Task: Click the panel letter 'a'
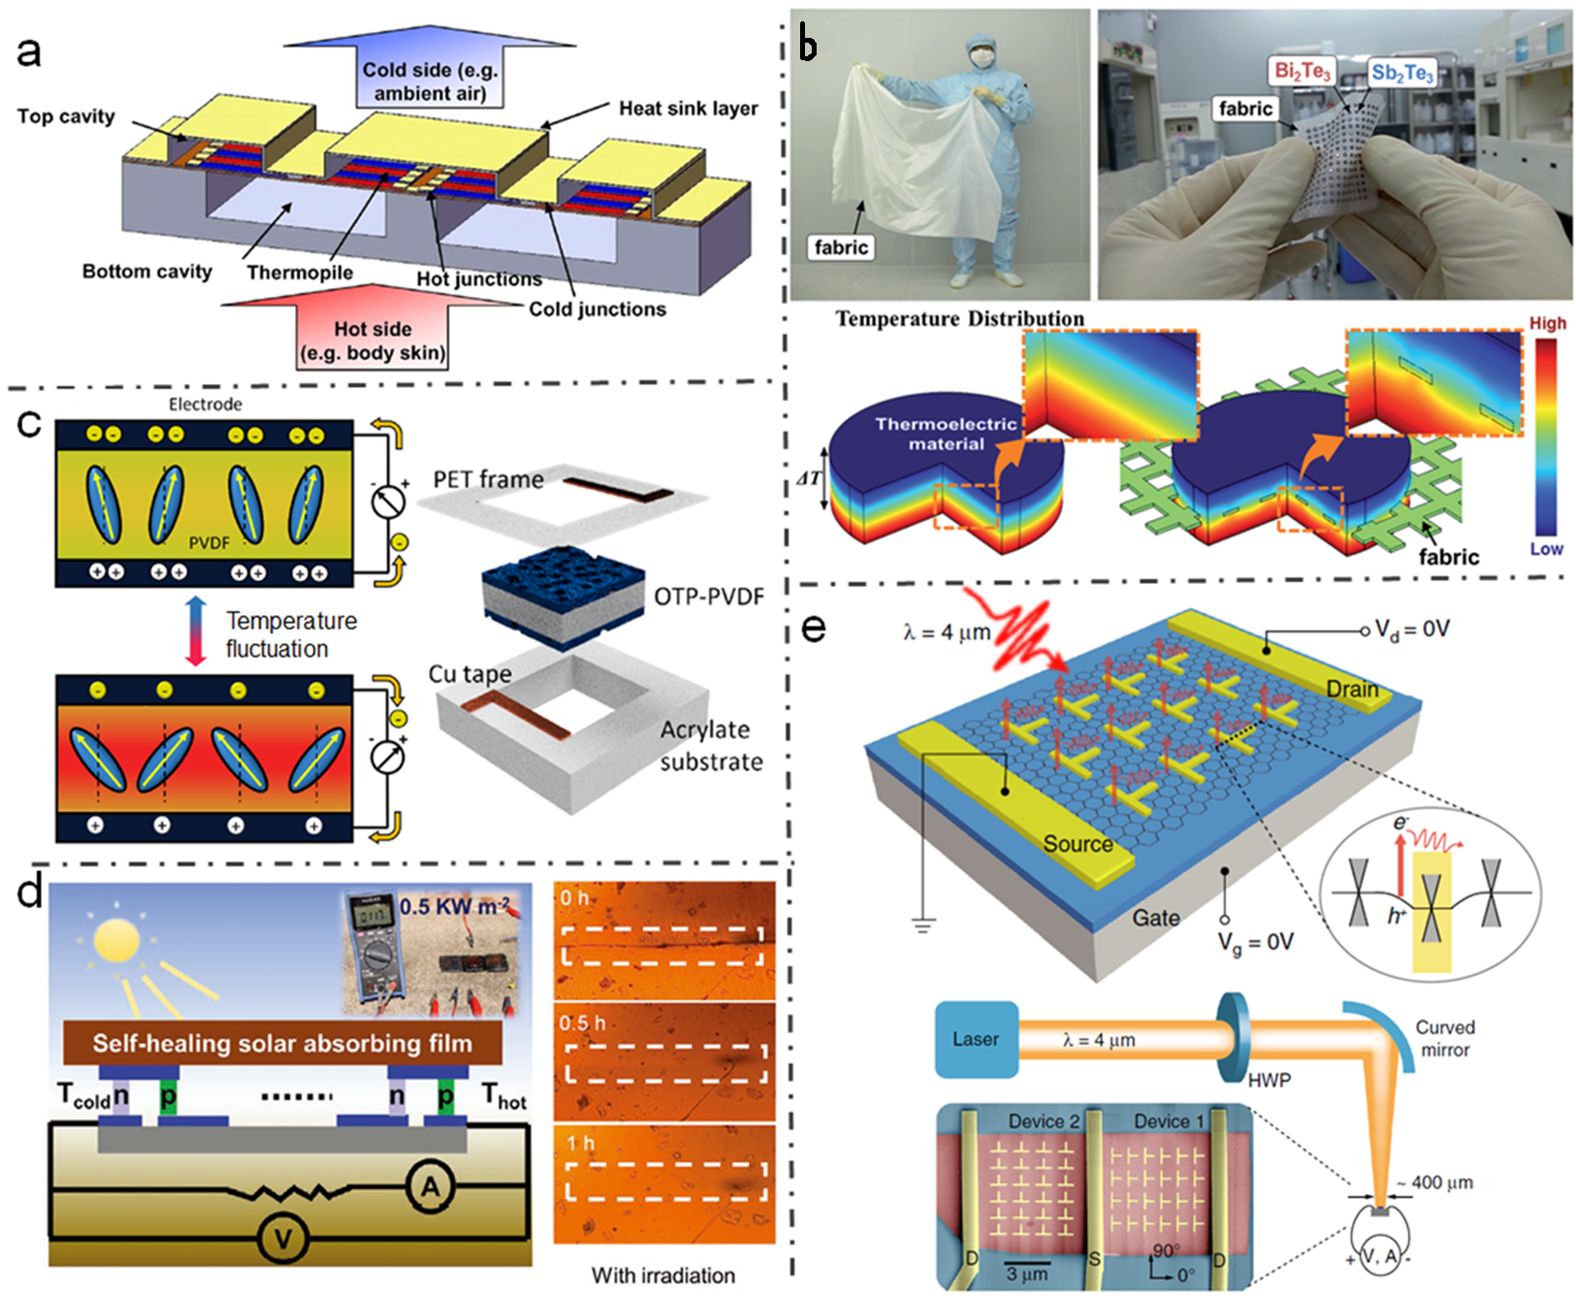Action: pyautogui.click(x=29, y=50)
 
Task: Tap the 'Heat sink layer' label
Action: pyautogui.click(x=688, y=109)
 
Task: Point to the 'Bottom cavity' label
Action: pyautogui.click(x=146, y=272)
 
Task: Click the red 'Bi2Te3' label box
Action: pyautogui.click(x=1302, y=71)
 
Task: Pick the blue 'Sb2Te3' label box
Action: pyautogui.click(x=1401, y=73)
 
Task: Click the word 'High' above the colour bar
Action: pyautogui.click(x=1547, y=323)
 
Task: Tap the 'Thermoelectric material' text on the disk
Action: pyautogui.click(x=946, y=434)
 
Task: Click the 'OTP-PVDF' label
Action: pyautogui.click(x=708, y=596)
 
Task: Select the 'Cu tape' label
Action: pyautogui.click(x=469, y=673)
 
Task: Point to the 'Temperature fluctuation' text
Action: pyautogui.click(x=290, y=634)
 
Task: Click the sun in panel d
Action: pyautogui.click(x=116, y=940)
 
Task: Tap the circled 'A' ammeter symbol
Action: pyautogui.click(x=430, y=1187)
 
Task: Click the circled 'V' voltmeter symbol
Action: pyautogui.click(x=283, y=1239)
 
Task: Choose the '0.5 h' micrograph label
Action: pyautogui.click(x=582, y=1023)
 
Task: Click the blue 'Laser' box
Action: pyautogui.click(x=976, y=1039)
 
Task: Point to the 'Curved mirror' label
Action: pyautogui.click(x=1444, y=1038)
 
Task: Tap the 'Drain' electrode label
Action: pyautogui.click(x=1352, y=689)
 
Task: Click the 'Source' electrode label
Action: pyautogui.click(x=1077, y=844)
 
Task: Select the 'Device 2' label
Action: pyautogui.click(x=1043, y=1121)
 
